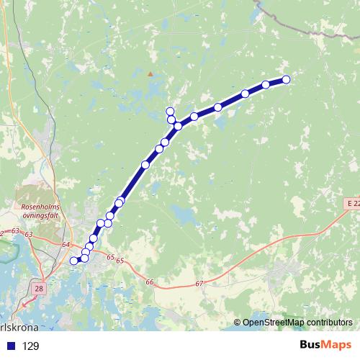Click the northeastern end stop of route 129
tap(286, 79)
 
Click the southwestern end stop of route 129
tap(73, 261)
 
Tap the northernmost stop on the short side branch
tap(170, 111)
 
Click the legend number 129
tap(31, 346)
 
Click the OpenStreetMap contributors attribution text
tap(298, 322)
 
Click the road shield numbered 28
tap(38, 287)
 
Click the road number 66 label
tap(149, 282)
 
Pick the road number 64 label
tap(67, 245)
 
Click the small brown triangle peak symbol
tap(150, 73)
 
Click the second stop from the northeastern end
tap(266, 85)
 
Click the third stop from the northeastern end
tap(246, 94)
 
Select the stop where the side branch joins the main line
tap(178, 126)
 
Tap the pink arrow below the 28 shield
tap(29, 302)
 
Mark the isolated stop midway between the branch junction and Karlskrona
tap(145, 165)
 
